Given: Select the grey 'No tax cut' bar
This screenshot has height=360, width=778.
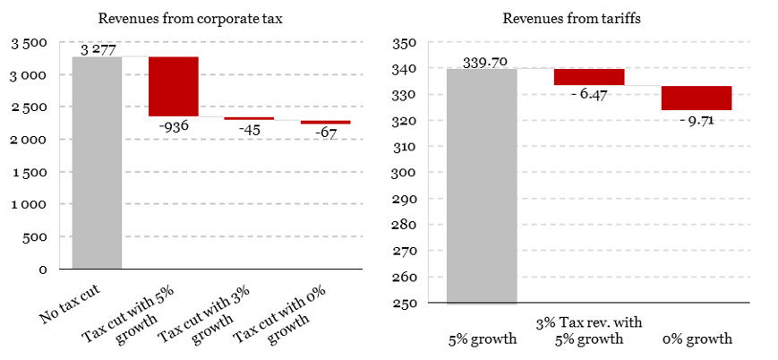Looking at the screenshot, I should click(97, 162).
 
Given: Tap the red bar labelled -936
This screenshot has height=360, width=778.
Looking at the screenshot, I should click(174, 86).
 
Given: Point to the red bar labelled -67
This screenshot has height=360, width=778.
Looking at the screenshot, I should click(325, 122).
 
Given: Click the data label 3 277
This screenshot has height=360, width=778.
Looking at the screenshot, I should click(96, 48).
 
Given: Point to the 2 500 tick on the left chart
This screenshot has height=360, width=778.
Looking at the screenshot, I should click(34, 107).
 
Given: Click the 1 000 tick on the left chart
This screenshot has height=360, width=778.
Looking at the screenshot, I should click(34, 204).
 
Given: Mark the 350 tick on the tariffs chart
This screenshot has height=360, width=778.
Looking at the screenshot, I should click(407, 43).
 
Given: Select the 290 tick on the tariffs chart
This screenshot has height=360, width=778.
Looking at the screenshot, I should click(407, 199).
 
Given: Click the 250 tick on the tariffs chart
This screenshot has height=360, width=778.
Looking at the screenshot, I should click(407, 304).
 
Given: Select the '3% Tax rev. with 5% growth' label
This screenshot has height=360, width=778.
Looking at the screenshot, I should click(589, 330).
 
